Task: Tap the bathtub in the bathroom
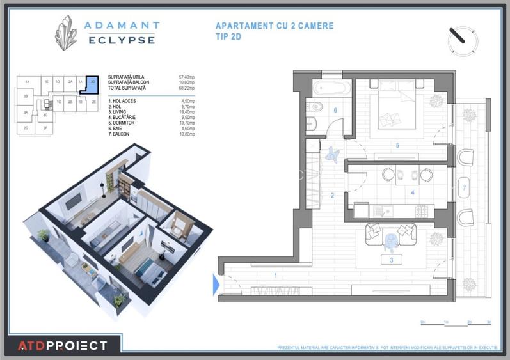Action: click(331, 88)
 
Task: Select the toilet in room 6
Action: click(312, 124)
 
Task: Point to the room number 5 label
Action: click(397, 146)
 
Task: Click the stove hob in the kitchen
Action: click(422, 210)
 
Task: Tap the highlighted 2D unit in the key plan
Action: click(93, 82)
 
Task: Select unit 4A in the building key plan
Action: click(27, 82)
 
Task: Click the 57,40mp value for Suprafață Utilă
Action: click(186, 77)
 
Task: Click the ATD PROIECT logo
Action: click(62, 346)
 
